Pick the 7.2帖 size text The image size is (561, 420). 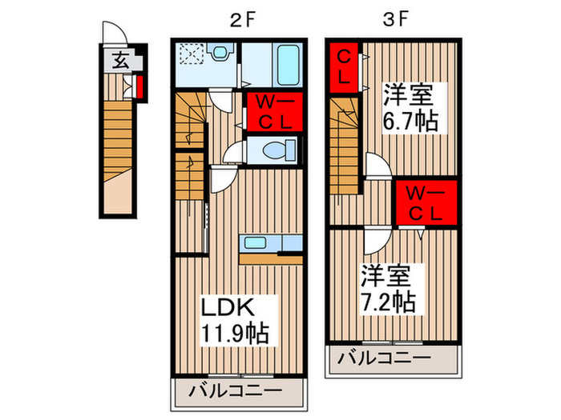(387, 302)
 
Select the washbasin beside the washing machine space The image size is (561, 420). (220, 53)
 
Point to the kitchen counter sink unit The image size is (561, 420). (269, 245)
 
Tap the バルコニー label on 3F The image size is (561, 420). (394, 357)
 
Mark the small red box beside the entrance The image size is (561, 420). (138, 86)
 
